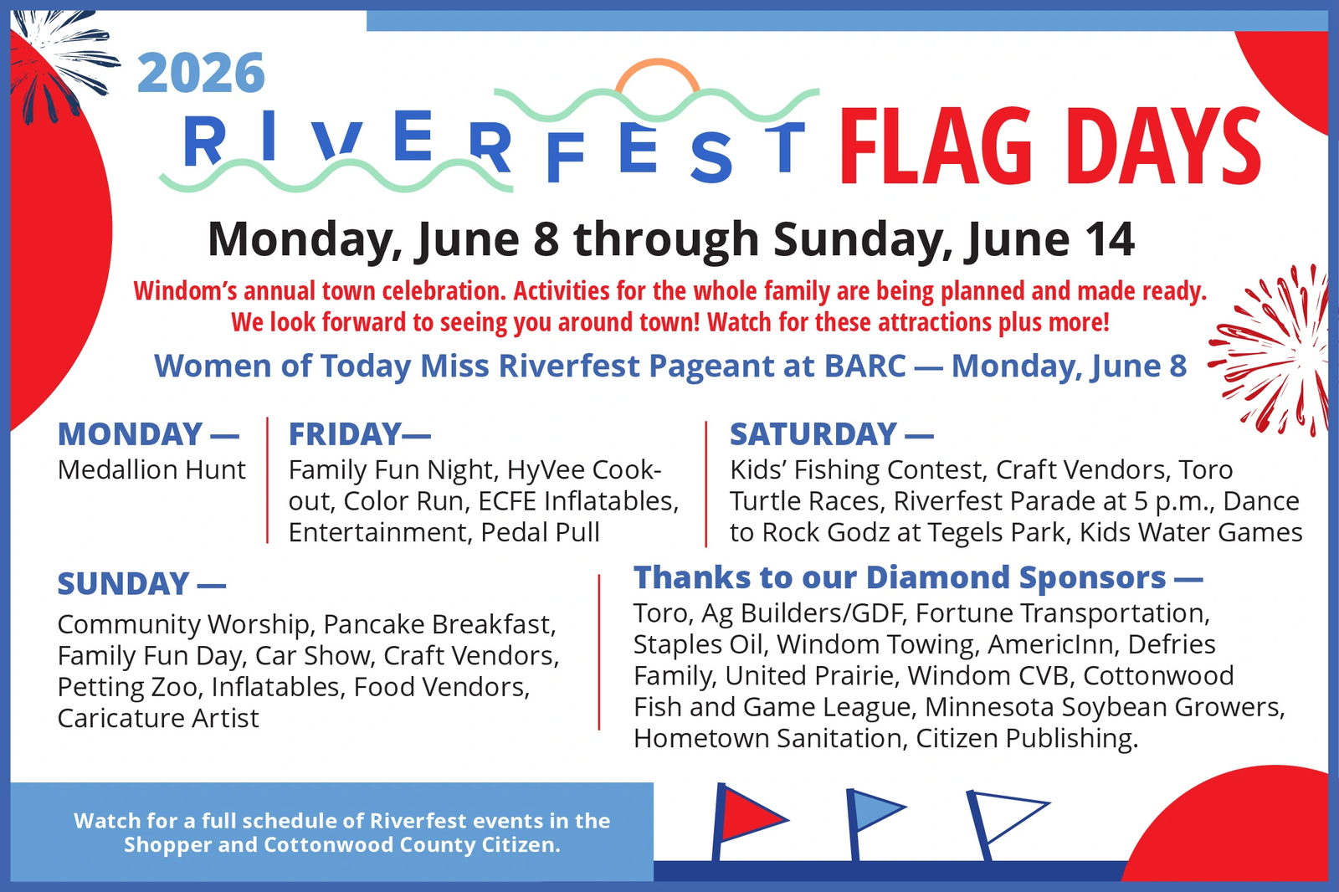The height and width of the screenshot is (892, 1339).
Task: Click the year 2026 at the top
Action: coord(201,73)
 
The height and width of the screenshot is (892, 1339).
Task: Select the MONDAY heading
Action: coord(131,433)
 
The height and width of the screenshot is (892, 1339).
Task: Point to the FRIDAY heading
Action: coord(344,433)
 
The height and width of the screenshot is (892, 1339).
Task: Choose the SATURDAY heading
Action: coord(813,433)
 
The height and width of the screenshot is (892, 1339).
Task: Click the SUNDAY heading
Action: coord(123,583)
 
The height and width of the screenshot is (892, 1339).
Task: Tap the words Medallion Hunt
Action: coord(151,470)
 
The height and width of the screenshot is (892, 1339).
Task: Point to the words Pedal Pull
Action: coord(540,533)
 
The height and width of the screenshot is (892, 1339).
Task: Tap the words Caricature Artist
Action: coord(158,718)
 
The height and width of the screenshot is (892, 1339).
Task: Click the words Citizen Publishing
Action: coord(1027,739)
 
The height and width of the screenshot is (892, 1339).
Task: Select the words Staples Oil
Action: coord(696,644)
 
